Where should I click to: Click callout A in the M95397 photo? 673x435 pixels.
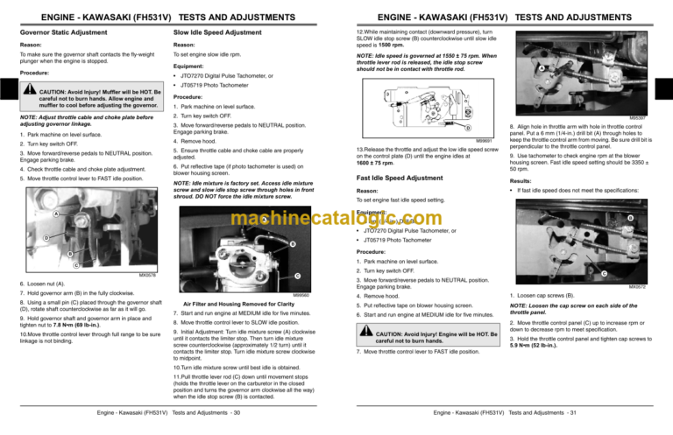pos(546,68)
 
